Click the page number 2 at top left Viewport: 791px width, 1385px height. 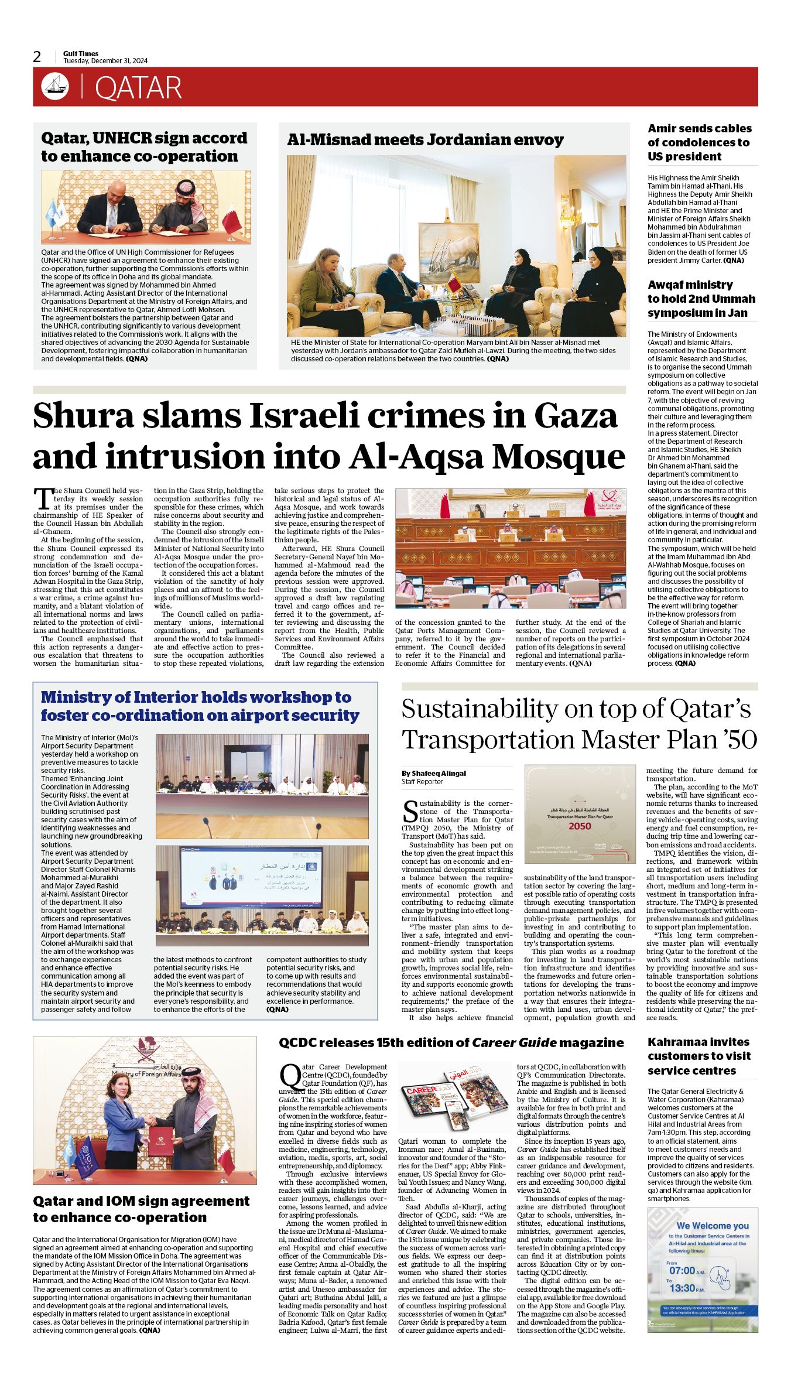point(37,57)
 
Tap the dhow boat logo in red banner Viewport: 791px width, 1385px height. point(55,87)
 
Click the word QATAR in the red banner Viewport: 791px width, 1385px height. point(138,88)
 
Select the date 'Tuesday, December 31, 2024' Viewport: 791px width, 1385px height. point(105,61)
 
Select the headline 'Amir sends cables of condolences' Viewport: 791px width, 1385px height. point(699,142)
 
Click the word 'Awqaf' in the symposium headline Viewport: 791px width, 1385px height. point(669,285)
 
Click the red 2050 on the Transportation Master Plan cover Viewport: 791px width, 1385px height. point(580,826)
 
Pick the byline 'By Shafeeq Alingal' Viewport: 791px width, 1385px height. point(434,774)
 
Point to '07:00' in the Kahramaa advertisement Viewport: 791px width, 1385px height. point(682,1271)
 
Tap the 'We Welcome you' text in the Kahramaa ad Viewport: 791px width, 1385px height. point(712,1226)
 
